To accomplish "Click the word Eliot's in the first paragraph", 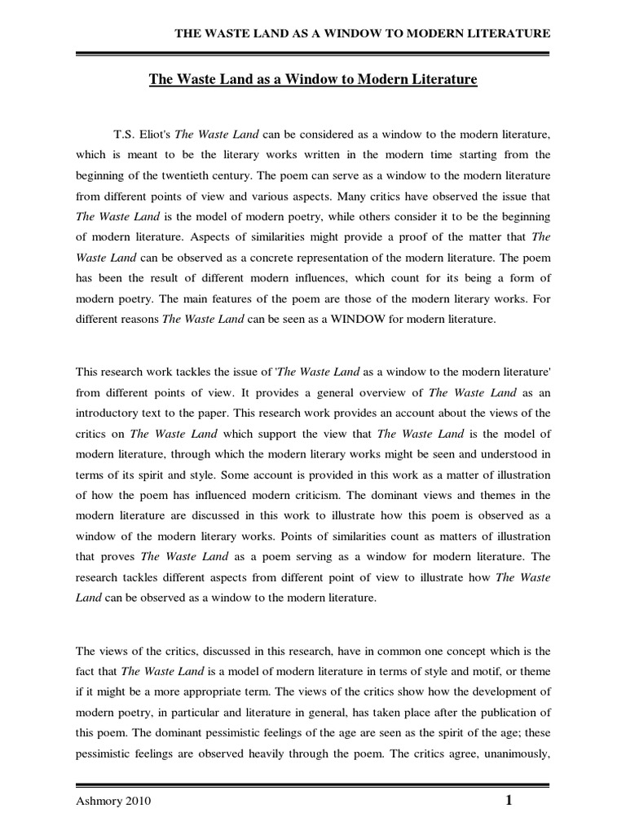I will (x=154, y=133).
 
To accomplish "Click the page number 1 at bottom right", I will (x=509, y=801).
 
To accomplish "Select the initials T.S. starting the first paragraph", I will (x=120, y=133).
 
